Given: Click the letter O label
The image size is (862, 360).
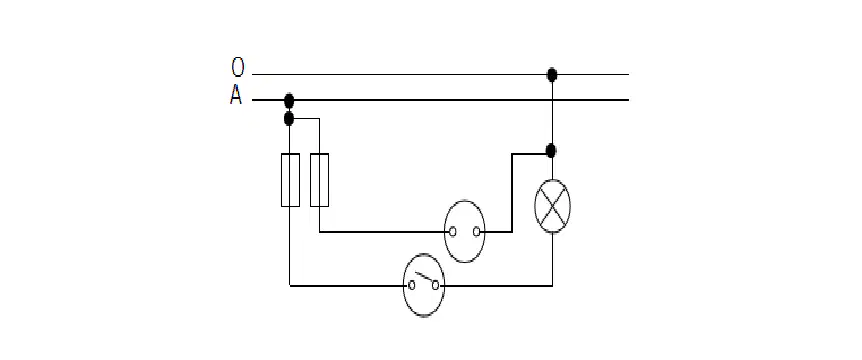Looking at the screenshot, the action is pos(237,67).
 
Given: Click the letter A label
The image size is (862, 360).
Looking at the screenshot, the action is pos(236,96).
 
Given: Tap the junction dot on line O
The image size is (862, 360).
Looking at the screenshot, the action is pos(552,74).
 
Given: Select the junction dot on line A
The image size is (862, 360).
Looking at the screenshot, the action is pos(289,101).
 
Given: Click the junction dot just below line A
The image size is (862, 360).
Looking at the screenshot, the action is pos(289,118).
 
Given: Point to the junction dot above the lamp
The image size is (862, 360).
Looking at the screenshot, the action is pos(551,150).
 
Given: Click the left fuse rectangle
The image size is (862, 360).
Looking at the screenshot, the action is pos(290,180).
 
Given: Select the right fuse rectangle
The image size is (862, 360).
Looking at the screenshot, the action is pos(319,180).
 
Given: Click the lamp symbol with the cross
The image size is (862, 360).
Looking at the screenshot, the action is pos(552,206).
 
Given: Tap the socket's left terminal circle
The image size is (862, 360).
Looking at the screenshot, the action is pos(452,232).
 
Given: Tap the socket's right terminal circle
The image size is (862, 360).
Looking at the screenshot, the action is pos(477,232).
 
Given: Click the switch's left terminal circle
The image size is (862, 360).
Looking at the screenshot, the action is pos(411,285).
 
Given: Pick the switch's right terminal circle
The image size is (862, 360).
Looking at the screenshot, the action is pos(435,285).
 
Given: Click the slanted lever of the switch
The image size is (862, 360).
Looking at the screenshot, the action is pos(424,278).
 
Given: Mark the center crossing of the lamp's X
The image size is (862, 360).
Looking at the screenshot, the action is pos(552,206).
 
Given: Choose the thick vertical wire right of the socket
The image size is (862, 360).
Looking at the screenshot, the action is pos(512,193).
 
